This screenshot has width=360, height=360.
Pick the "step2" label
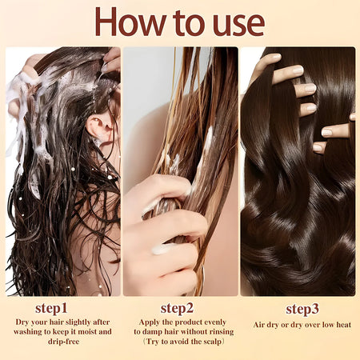coord(178,308)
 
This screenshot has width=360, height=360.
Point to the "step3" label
coord(303,308)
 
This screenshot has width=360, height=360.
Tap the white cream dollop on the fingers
coord(162,249)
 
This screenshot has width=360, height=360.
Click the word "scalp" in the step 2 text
coord(206,342)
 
